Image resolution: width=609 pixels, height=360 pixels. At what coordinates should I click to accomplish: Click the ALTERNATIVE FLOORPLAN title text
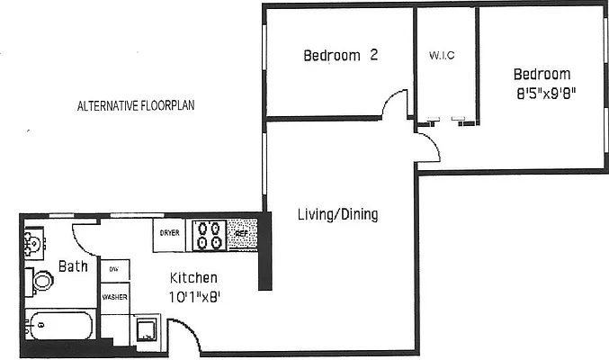click(x=136, y=105)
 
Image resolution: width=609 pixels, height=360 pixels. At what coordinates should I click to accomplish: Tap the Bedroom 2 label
click(x=339, y=56)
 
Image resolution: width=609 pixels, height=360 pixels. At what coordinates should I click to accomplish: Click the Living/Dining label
click(x=337, y=215)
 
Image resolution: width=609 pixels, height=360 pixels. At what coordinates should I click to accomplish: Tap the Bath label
click(x=72, y=266)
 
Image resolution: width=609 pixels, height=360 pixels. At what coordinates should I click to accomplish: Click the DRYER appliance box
click(x=170, y=233)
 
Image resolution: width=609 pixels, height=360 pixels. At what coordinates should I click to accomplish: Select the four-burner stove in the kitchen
click(x=209, y=234)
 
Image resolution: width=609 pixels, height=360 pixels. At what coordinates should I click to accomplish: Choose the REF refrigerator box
click(x=241, y=233)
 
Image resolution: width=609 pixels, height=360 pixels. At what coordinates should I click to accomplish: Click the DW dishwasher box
click(x=114, y=269)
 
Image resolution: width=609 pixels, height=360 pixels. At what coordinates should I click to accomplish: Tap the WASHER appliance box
click(x=114, y=296)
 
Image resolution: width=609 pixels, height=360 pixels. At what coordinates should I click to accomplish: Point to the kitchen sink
click(x=147, y=330)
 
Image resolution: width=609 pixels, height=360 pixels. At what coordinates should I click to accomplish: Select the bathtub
click(x=58, y=325)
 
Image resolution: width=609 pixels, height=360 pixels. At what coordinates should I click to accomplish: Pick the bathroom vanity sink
click(x=31, y=243)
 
